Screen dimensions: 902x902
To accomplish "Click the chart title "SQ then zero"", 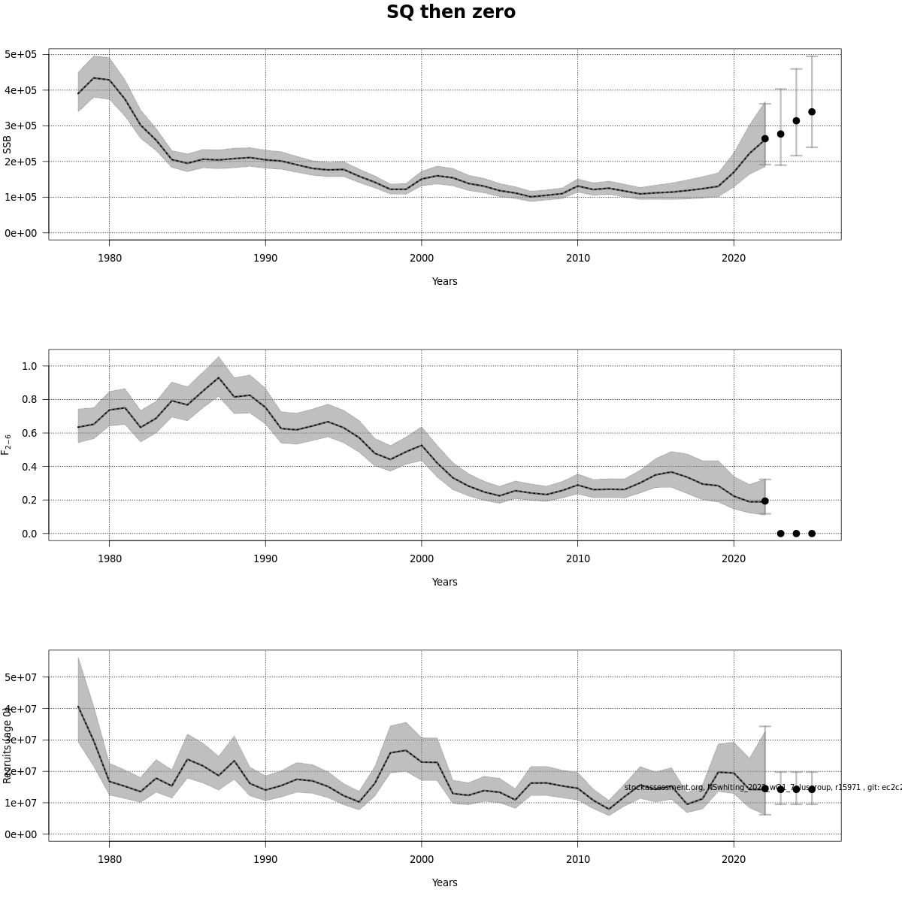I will (451, 13).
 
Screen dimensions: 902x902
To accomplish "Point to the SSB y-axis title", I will (8, 144).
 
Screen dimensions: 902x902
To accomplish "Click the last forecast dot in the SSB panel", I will (812, 112).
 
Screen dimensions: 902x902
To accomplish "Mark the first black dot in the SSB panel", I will (764, 138).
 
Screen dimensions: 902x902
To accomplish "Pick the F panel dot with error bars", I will (764, 501).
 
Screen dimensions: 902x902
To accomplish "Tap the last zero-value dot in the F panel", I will (812, 534).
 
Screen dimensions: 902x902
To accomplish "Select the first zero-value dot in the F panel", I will (780, 534).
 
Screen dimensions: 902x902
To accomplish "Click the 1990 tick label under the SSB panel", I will (265, 258).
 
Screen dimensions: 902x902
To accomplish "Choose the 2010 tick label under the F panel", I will (577, 558).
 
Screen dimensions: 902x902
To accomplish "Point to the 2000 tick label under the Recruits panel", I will (422, 859).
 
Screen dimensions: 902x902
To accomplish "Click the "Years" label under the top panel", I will (444, 281).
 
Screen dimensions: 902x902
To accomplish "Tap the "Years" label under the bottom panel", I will (444, 882).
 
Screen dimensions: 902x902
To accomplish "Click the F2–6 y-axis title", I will (7, 444).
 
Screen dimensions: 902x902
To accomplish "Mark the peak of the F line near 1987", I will (218, 377).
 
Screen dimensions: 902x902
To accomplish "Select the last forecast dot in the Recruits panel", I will (812, 789).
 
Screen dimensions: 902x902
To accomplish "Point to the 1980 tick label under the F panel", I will (109, 558).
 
